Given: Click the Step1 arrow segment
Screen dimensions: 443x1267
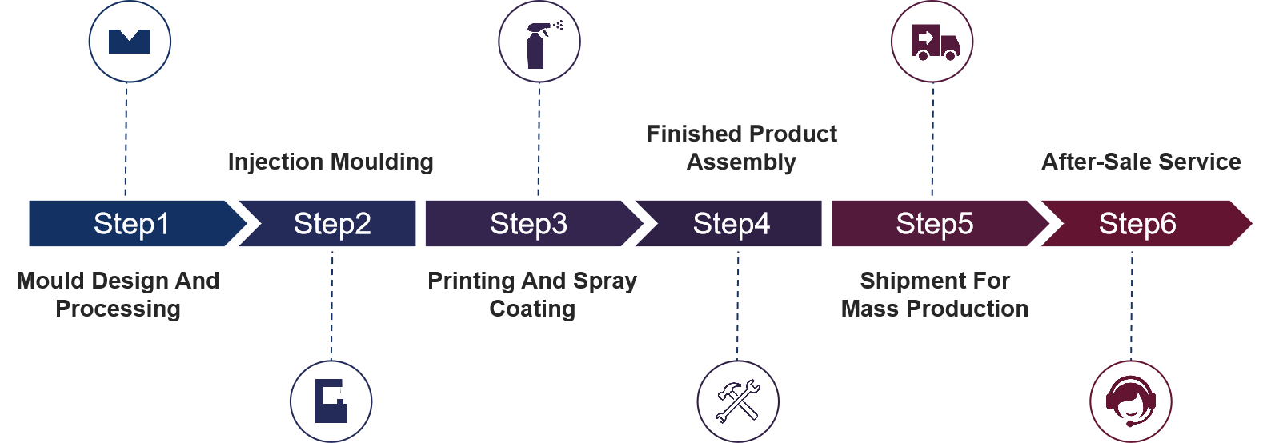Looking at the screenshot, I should pos(132,224).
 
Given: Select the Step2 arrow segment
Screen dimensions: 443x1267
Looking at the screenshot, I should pos(332,224).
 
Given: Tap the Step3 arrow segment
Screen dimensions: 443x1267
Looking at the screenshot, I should pos(528,224).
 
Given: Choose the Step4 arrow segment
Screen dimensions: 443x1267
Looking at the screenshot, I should pos(732,224).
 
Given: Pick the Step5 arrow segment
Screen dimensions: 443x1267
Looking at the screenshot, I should pos(934,224).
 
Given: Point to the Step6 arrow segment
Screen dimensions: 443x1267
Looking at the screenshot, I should pos(1137,224).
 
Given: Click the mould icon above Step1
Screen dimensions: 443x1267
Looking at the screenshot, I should pos(130,41).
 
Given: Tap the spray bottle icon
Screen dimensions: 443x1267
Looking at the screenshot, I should pos(539,42).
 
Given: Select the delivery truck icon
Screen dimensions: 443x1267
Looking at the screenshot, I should pos(932,42).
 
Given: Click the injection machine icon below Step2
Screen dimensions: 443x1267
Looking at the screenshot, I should pos(331,401).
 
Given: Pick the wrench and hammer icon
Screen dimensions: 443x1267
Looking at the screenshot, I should pos(737,401).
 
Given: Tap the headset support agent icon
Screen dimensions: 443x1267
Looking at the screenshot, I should pos(1130,401).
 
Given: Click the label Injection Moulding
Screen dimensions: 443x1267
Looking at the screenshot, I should pos(331,162).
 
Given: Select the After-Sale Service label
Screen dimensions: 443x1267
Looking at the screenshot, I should pos(1141,162).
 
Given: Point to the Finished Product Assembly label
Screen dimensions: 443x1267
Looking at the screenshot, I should pos(741,148).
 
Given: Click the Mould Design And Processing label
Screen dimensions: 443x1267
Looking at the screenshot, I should pos(118,294).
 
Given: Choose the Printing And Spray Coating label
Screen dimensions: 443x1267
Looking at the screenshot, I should pos(532,294).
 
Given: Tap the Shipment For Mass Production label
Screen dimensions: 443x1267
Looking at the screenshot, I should pos(935,294).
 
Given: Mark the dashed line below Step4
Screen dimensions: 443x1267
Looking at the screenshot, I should pos(737,304).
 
